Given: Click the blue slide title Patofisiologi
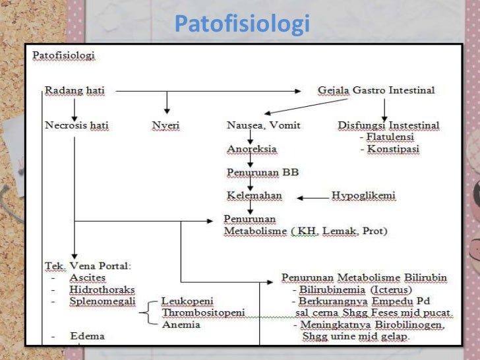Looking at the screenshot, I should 242,25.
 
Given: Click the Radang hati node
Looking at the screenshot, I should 75,90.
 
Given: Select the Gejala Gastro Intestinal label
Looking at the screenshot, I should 376,90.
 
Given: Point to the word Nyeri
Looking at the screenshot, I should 165,125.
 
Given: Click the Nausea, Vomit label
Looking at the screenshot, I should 262,125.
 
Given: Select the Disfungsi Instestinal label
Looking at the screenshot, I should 388,125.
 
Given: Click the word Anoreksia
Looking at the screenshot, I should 251,149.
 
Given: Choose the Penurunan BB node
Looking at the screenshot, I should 262,173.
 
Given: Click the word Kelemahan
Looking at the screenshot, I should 254,196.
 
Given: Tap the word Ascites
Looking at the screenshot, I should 87,278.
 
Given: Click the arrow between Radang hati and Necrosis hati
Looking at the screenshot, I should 75,107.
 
